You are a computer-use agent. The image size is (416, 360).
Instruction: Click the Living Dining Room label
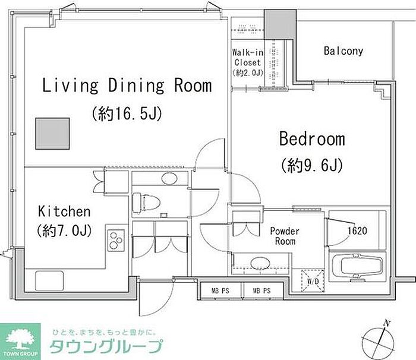tap(127, 86)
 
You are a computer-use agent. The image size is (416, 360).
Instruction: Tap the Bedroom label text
tap(312, 139)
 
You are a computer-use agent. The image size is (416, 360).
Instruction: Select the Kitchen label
tap(64, 211)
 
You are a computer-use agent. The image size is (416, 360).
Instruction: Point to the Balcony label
tap(343, 50)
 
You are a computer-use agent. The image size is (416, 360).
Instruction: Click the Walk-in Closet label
tap(248, 58)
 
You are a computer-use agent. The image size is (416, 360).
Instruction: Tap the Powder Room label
tap(285, 236)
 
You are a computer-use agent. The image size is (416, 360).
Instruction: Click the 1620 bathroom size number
tap(357, 231)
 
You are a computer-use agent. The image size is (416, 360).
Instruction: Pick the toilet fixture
tap(146, 203)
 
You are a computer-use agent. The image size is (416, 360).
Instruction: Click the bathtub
tap(356, 267)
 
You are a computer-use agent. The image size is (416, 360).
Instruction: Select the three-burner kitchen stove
tap(116, 241)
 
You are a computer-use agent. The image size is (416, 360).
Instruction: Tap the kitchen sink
tap(49, 280)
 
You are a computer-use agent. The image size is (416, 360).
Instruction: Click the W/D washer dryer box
tap(313, 281)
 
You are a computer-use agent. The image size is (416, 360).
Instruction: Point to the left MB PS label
tap(220, 290)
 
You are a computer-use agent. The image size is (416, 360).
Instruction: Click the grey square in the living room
tap(52, 134)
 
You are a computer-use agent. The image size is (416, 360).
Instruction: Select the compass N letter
tap(387, 323)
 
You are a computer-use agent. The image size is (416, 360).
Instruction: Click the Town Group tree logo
tap(20, 340)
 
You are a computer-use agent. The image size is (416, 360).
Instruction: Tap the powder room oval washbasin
tap(260, 263)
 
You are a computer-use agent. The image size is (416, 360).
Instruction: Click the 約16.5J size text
tap(127, 113)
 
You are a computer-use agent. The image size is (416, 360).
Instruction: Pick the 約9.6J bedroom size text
tap(312, 165)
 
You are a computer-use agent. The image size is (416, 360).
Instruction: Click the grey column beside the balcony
tap(280, 24)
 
